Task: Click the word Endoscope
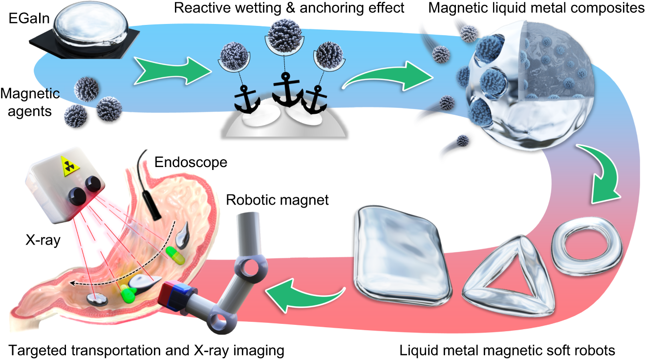tap(191, 162)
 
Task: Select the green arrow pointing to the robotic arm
tap(302, 293)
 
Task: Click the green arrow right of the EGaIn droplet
tap(165, 69)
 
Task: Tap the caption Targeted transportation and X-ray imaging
tap(146, 350)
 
